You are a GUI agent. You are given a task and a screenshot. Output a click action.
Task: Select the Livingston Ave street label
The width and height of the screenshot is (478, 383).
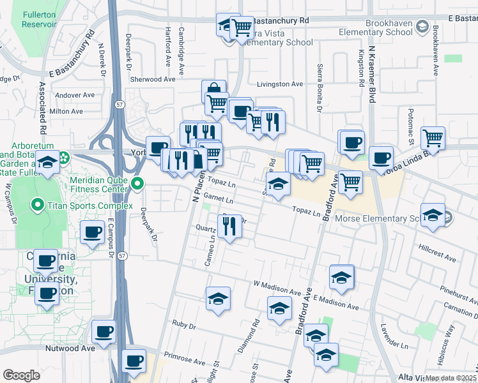[x=279, y=84]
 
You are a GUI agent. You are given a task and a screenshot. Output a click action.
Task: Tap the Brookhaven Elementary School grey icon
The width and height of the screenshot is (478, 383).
[x=422, y=27]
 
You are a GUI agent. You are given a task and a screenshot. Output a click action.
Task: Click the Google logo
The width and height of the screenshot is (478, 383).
[x=21, y=375]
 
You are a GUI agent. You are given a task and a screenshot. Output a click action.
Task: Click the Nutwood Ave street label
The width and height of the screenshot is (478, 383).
[x=70, y=349]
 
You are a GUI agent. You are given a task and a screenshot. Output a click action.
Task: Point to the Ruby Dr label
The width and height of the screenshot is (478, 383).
[x=183, y=326]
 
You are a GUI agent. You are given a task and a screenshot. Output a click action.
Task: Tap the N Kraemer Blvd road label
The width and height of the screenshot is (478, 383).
[x=372, y=70]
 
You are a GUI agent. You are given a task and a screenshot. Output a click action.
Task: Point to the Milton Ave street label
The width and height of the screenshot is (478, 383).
[x=66, y=111]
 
